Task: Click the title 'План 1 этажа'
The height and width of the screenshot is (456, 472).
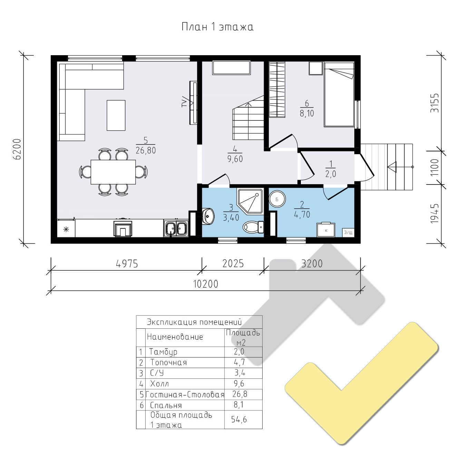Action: pos(217,27)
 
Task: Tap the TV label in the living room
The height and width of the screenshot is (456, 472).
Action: pos(184,102)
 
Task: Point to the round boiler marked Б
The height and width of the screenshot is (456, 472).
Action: pos(277,199)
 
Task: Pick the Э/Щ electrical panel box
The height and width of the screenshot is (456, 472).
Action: pos(348,232)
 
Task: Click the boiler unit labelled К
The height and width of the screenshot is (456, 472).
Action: pos(326,230)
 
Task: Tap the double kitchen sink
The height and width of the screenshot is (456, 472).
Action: pos(176,228)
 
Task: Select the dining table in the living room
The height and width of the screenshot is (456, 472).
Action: pos(113,172)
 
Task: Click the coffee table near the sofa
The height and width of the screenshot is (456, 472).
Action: pos(116,116)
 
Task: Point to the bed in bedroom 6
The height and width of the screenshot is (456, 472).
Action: pos(339,94)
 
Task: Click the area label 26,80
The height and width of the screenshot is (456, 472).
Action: pos(146,150)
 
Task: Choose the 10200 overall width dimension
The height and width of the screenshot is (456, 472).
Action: pos(206,284)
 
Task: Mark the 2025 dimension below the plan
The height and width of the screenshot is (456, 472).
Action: pos(233,264)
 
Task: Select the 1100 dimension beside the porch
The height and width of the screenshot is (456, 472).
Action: pos(435,167)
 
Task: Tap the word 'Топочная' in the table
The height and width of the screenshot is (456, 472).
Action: pos(168,363)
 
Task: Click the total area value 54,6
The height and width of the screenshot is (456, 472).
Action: pos(239,419)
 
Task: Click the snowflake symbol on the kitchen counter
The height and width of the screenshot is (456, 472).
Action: pos(66,229)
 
